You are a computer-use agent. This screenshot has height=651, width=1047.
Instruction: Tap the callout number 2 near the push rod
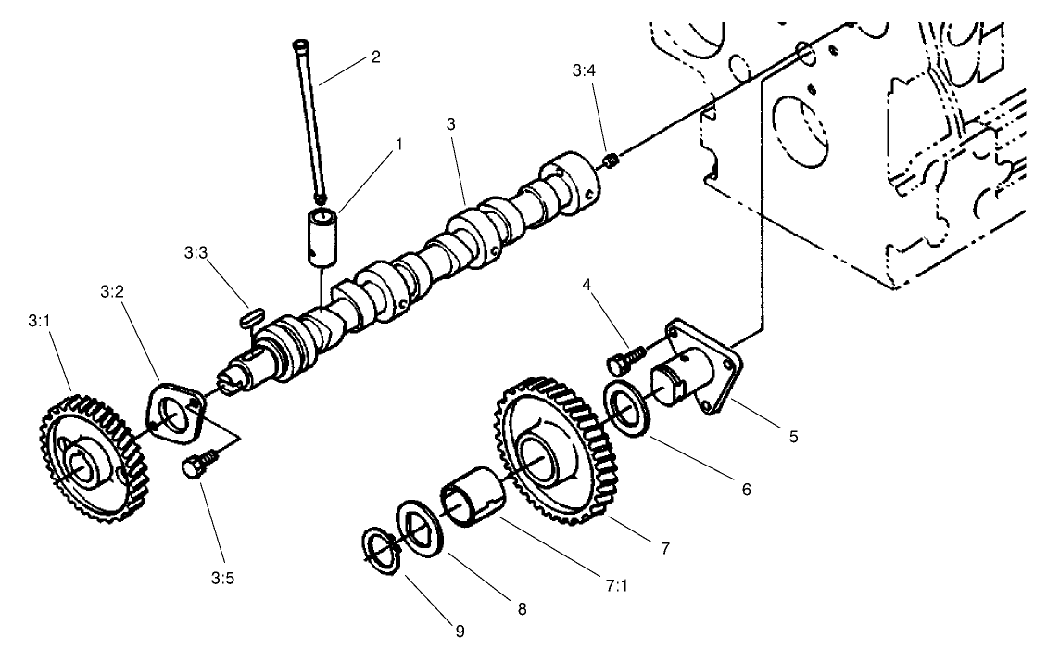pos(374,57)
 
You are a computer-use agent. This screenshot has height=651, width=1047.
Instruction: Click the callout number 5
pos(793,435)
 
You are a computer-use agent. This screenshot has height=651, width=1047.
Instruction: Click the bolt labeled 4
pos(625,356)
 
